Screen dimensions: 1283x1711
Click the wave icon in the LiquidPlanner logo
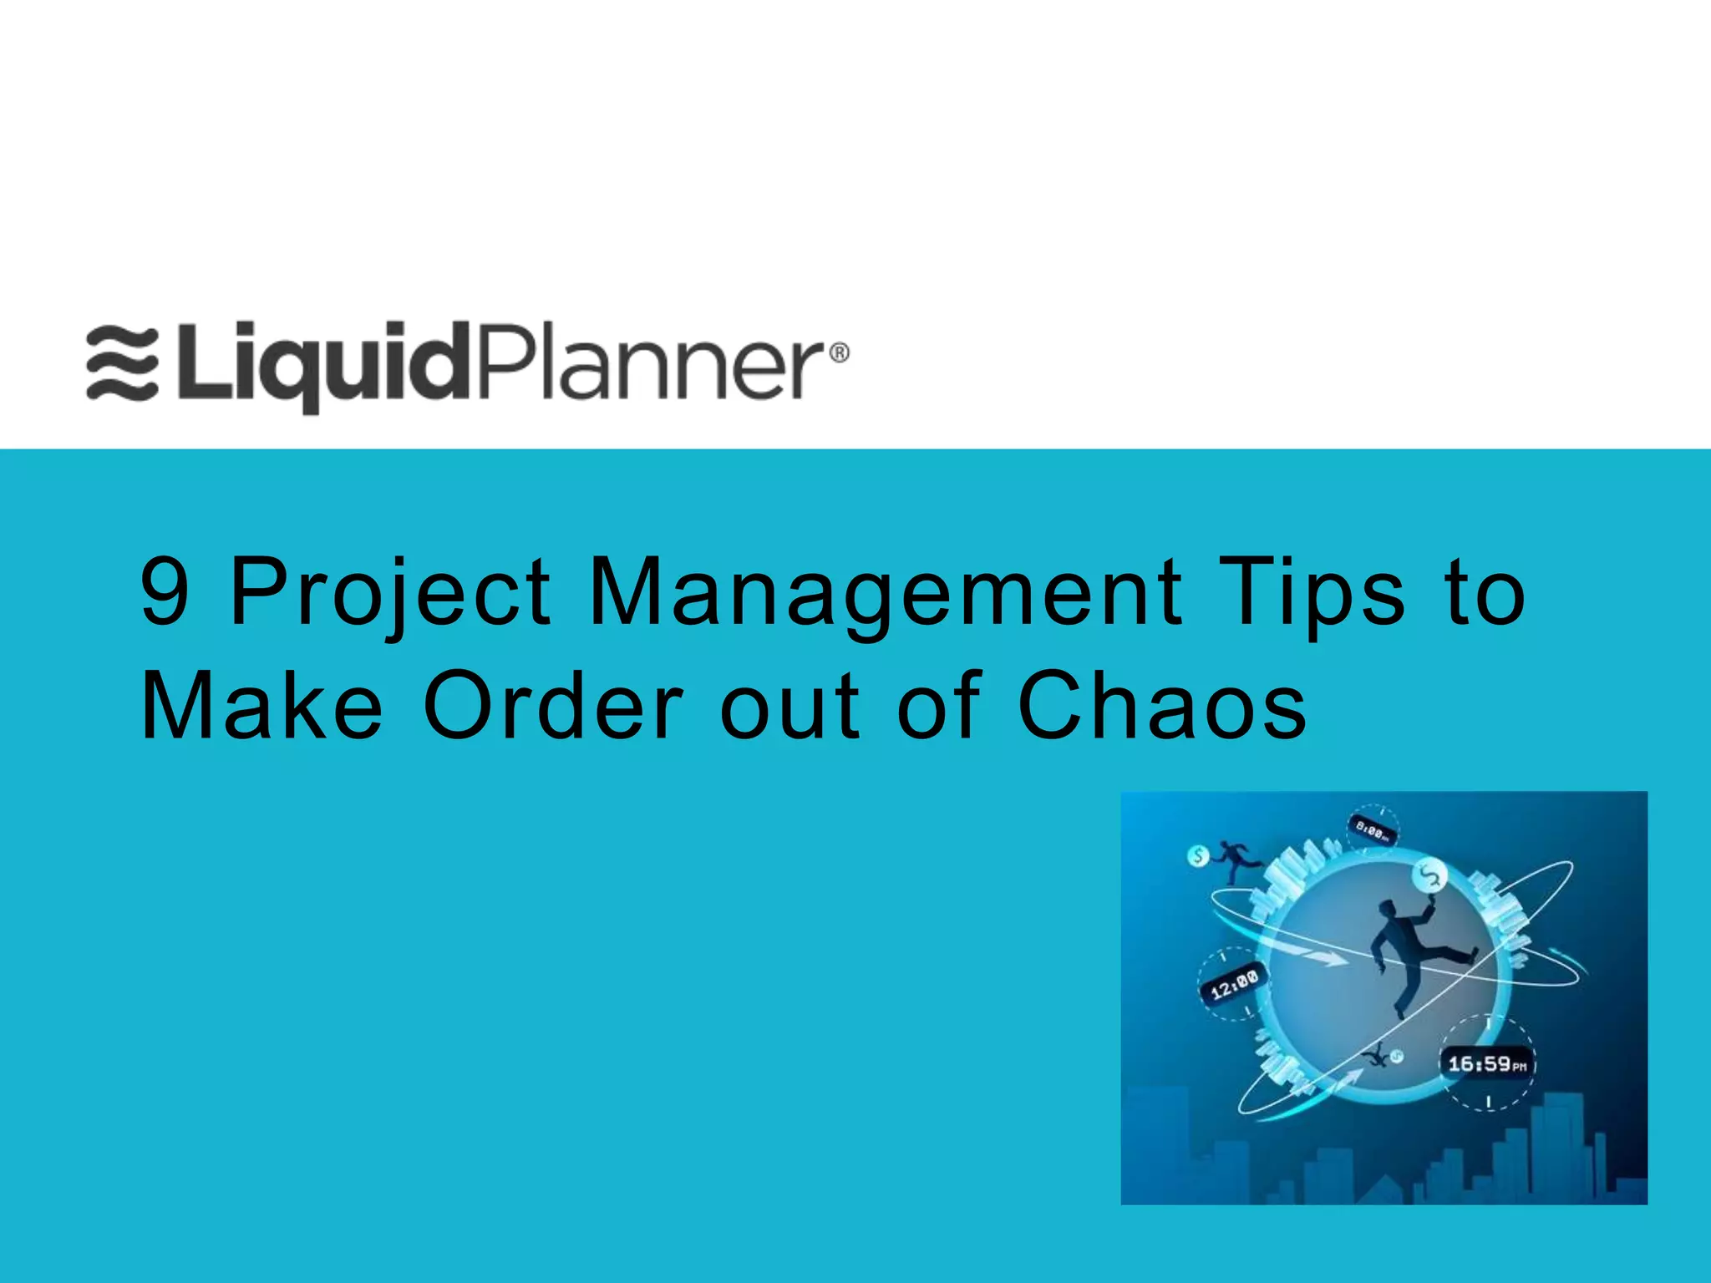[122, 364]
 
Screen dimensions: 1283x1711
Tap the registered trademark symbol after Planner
[838, 353]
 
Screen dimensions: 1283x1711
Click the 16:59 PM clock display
[1487, 1064]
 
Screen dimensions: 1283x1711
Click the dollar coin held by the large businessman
[1429, 875]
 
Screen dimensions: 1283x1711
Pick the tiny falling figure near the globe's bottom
[1375, 1057]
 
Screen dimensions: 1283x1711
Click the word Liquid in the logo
[327, 366]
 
